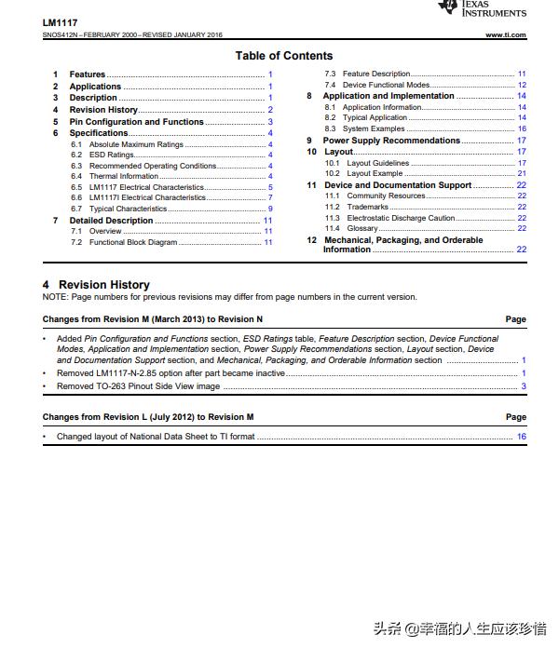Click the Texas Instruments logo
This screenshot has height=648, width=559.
click(x=482, y=8)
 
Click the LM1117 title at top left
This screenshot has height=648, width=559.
click(x=60, y=21)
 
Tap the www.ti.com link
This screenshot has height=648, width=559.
click(x=505, y=35)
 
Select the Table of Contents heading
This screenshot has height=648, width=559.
click(x=283, y=56)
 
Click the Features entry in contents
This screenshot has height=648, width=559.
click(x=88, y=74)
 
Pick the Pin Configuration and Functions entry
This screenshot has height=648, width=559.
click(x=136, y=122)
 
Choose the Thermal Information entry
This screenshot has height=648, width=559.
click(x=124, y=176)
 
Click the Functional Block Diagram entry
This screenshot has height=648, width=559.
click(x=132, y=242)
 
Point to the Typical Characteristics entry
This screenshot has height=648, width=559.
click(x=128, y=209)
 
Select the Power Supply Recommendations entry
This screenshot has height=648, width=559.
click(x=391, y=141)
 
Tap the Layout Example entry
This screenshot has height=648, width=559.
click(x=375, y=173)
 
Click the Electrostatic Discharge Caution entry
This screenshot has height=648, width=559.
click(x=401, y=218)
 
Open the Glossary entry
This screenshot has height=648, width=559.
click(x=362, y=228)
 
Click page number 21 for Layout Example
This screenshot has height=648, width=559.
click(x=522, y=173)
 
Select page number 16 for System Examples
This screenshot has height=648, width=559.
click(x=522, y=128)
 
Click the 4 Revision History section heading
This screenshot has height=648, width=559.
click(x=96, y=285)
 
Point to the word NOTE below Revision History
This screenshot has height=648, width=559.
click(x=55, y=297)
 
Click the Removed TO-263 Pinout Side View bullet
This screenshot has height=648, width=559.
click(x=138, y=386)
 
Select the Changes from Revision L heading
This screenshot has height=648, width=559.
click(x=147, y=417)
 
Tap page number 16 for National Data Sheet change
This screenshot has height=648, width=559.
click(x=522, y=437)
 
